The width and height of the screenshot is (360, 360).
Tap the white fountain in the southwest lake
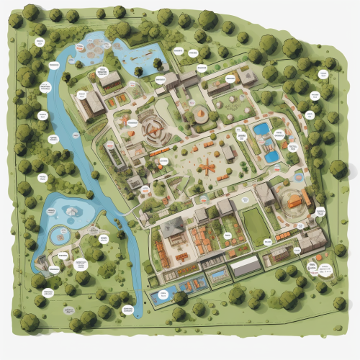(x=72, y=210)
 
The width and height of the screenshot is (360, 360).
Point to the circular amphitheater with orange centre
(x=154, y=129)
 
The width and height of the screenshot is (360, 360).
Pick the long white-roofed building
(x=245, y=266)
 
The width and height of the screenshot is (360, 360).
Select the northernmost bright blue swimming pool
(x=261, y=130)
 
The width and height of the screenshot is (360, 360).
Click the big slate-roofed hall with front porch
(x=173, y=228)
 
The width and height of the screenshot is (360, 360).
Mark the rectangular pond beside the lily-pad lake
(x=148, y=54)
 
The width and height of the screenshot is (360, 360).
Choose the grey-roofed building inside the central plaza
(x=228, y=153)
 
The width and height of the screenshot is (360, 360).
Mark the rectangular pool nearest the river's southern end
(x=164, y=294)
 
